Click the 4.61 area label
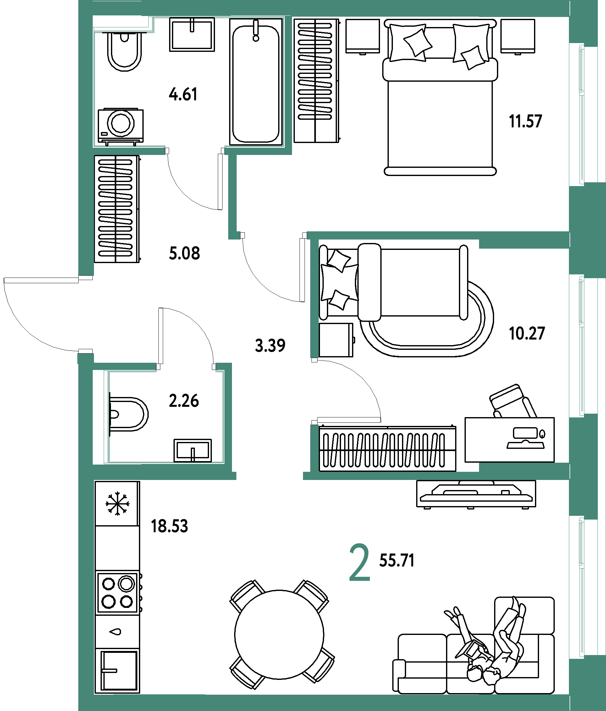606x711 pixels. coord(183,94)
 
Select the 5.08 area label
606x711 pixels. coord(184,254)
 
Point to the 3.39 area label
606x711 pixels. coord(270,345)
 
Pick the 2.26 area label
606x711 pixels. coord(184,400)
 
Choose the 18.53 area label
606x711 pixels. coord(169,526)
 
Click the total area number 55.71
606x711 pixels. coord(397,561)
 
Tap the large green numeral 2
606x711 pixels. coord(359,563)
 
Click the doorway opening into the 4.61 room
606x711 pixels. coord(195,150)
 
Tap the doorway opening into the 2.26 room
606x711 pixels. coord(186,367)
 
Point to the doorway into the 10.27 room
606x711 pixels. coord(314,391)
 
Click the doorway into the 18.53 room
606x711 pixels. coord(270,476)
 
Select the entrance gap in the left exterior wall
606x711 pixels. coord(86,314)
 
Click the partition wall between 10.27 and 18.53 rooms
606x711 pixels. coord(436,476)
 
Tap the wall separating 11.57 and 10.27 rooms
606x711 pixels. coord(436,235)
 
